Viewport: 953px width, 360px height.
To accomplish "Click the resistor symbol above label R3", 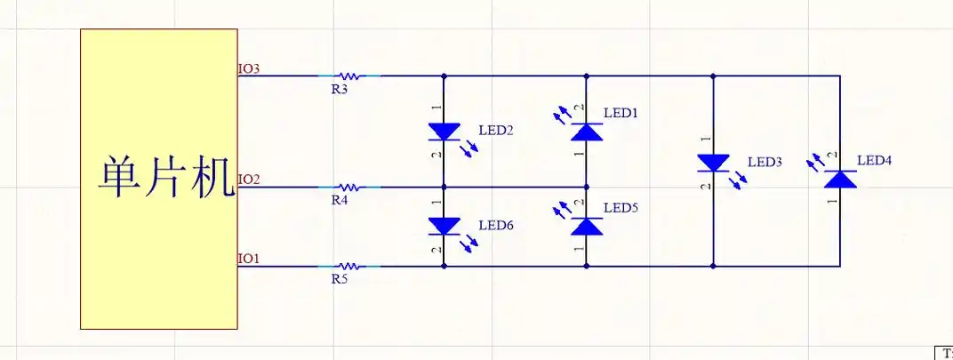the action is tap(349, 76).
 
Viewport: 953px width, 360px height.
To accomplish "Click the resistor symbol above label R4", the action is tap(349, 188).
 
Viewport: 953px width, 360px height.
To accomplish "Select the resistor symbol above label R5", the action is tap(349, 267).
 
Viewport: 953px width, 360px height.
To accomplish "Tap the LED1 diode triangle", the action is tap(587, 132).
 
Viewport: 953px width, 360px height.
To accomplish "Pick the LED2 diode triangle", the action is tap(444, 132).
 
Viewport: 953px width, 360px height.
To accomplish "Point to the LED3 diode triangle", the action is tap(713, 164).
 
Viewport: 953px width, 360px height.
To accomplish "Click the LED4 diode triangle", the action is tap(840, 179).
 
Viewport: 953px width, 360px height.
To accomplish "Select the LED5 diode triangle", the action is tap(587, 226).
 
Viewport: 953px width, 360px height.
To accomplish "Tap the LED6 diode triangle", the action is tap(444, 226).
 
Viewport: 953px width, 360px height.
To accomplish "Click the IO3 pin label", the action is tap(249, 68).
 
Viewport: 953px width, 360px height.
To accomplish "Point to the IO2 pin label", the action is tap(249, 180).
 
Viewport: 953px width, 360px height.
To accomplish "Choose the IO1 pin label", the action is tap(249, 259).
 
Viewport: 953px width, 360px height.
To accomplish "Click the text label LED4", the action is tap(875, 161).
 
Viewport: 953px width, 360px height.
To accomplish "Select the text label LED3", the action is tap(765, 163).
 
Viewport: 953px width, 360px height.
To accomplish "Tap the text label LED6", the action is tap(496, 226).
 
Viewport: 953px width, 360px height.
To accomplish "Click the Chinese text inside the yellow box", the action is tap(166, 178).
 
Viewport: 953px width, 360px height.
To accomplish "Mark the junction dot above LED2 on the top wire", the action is tap(444, 76).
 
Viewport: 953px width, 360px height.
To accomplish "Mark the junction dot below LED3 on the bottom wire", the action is tap(713, 267).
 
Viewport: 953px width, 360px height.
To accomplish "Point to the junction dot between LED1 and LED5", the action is tap(587, 188).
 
